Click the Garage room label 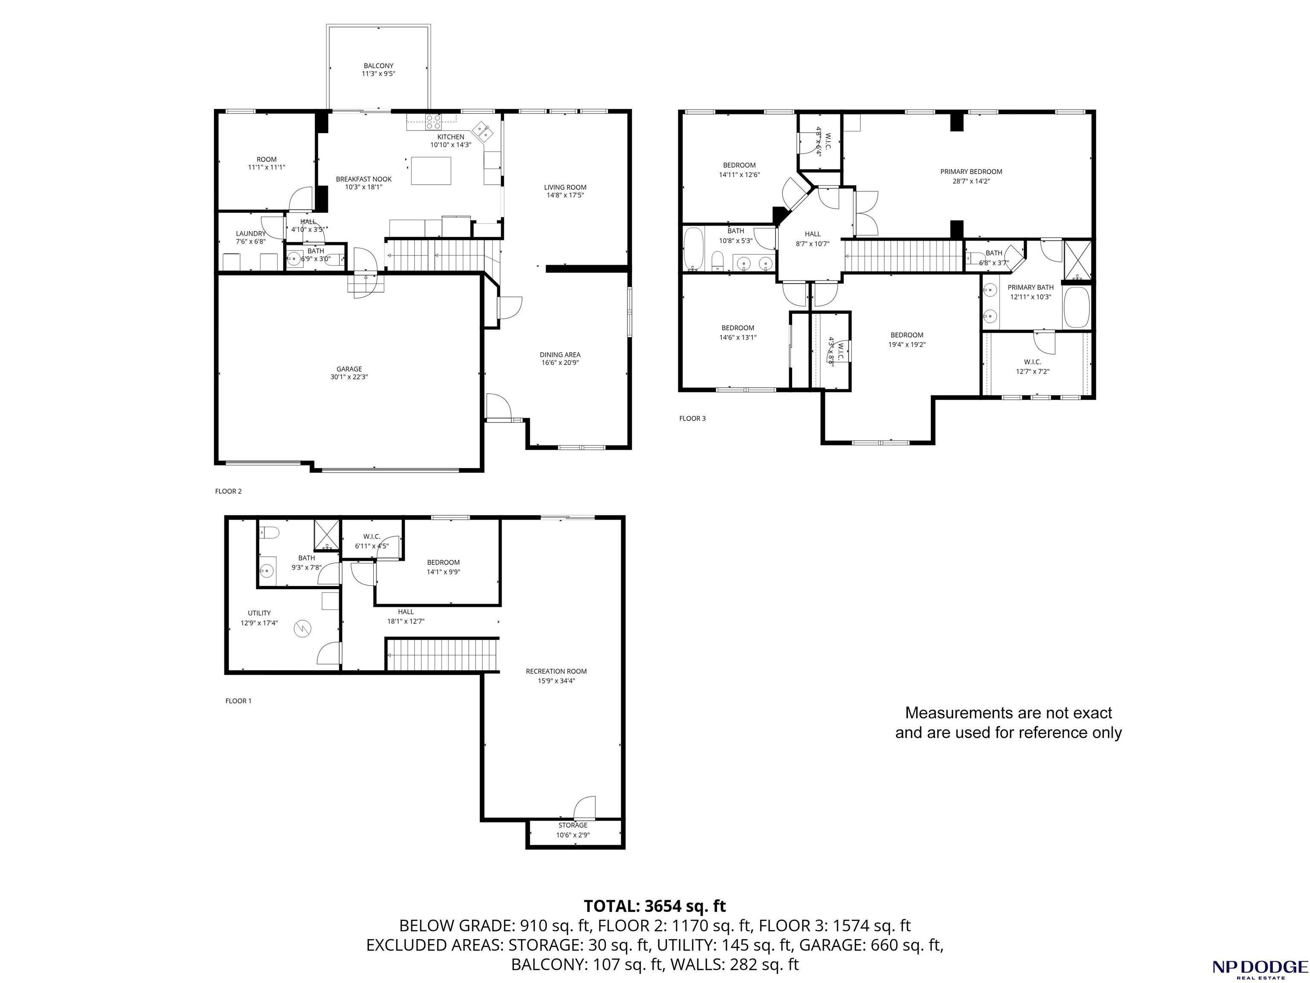point(349,369)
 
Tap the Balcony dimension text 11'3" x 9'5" point(378,74)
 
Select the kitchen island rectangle point(432,171)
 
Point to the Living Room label point(565,187)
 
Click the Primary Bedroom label point(971,172)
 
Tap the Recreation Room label point(556,671)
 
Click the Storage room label point(573,825)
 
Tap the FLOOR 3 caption point(692,418)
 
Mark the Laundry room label point(250,233)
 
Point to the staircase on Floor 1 point(442,655)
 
